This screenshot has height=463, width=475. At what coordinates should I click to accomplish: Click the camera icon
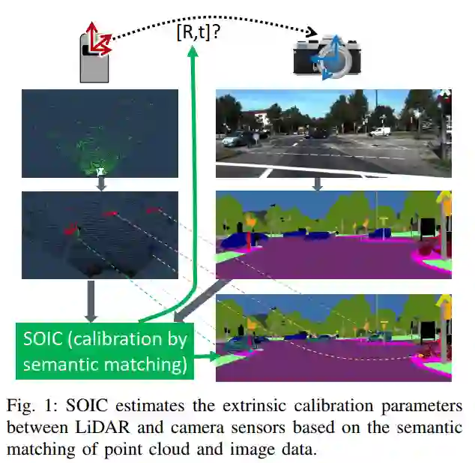click(x=324, y=56)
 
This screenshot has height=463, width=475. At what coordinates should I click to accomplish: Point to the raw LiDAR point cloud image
click(x=100, y=134)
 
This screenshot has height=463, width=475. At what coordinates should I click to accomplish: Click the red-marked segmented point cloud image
click(x=100, y=235)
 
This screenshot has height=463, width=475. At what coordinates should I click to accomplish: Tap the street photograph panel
click(x=333, y=134)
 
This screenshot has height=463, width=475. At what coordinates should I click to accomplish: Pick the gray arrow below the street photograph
click(x=317, y=183)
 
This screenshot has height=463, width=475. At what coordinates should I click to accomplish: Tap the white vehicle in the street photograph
click(x=381, y=131)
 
